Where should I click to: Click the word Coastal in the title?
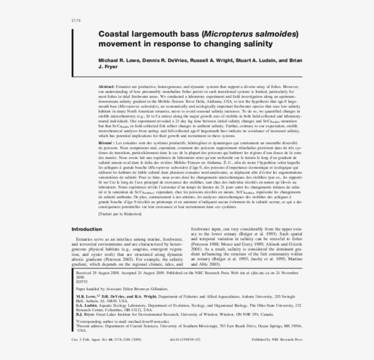tap(115, 34)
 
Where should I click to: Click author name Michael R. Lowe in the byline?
tap(120, 60)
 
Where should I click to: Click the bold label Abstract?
tap(107, 86)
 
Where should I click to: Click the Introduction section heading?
tap(87, 229)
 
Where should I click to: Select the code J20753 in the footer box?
tap(82, 282)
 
